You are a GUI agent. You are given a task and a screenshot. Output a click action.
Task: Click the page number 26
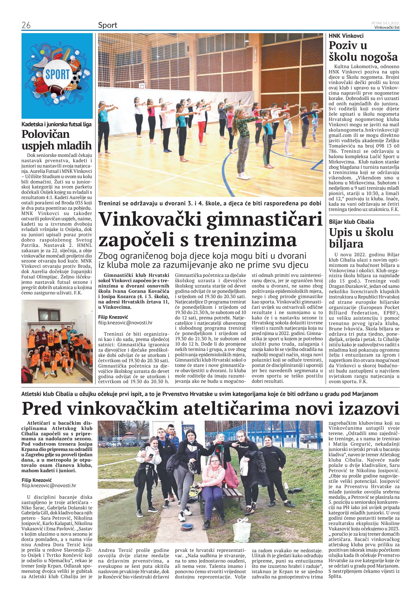26,25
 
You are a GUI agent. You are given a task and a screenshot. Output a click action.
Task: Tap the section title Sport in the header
108,25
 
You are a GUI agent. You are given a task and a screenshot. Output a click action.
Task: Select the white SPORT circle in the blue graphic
57,75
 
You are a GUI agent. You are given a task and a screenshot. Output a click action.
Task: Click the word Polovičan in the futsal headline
45,134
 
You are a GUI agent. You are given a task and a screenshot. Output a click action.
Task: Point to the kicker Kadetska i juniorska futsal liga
57,124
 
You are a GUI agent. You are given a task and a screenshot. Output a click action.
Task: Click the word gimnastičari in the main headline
264,220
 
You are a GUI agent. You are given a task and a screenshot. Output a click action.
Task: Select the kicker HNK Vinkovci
346,36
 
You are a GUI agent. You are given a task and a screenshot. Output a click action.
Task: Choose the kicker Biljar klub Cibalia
351,222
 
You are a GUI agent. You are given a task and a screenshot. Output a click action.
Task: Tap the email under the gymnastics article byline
125,323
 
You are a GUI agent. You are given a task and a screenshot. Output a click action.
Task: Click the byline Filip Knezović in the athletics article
37,480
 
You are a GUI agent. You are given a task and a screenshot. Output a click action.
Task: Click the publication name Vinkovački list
387,27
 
